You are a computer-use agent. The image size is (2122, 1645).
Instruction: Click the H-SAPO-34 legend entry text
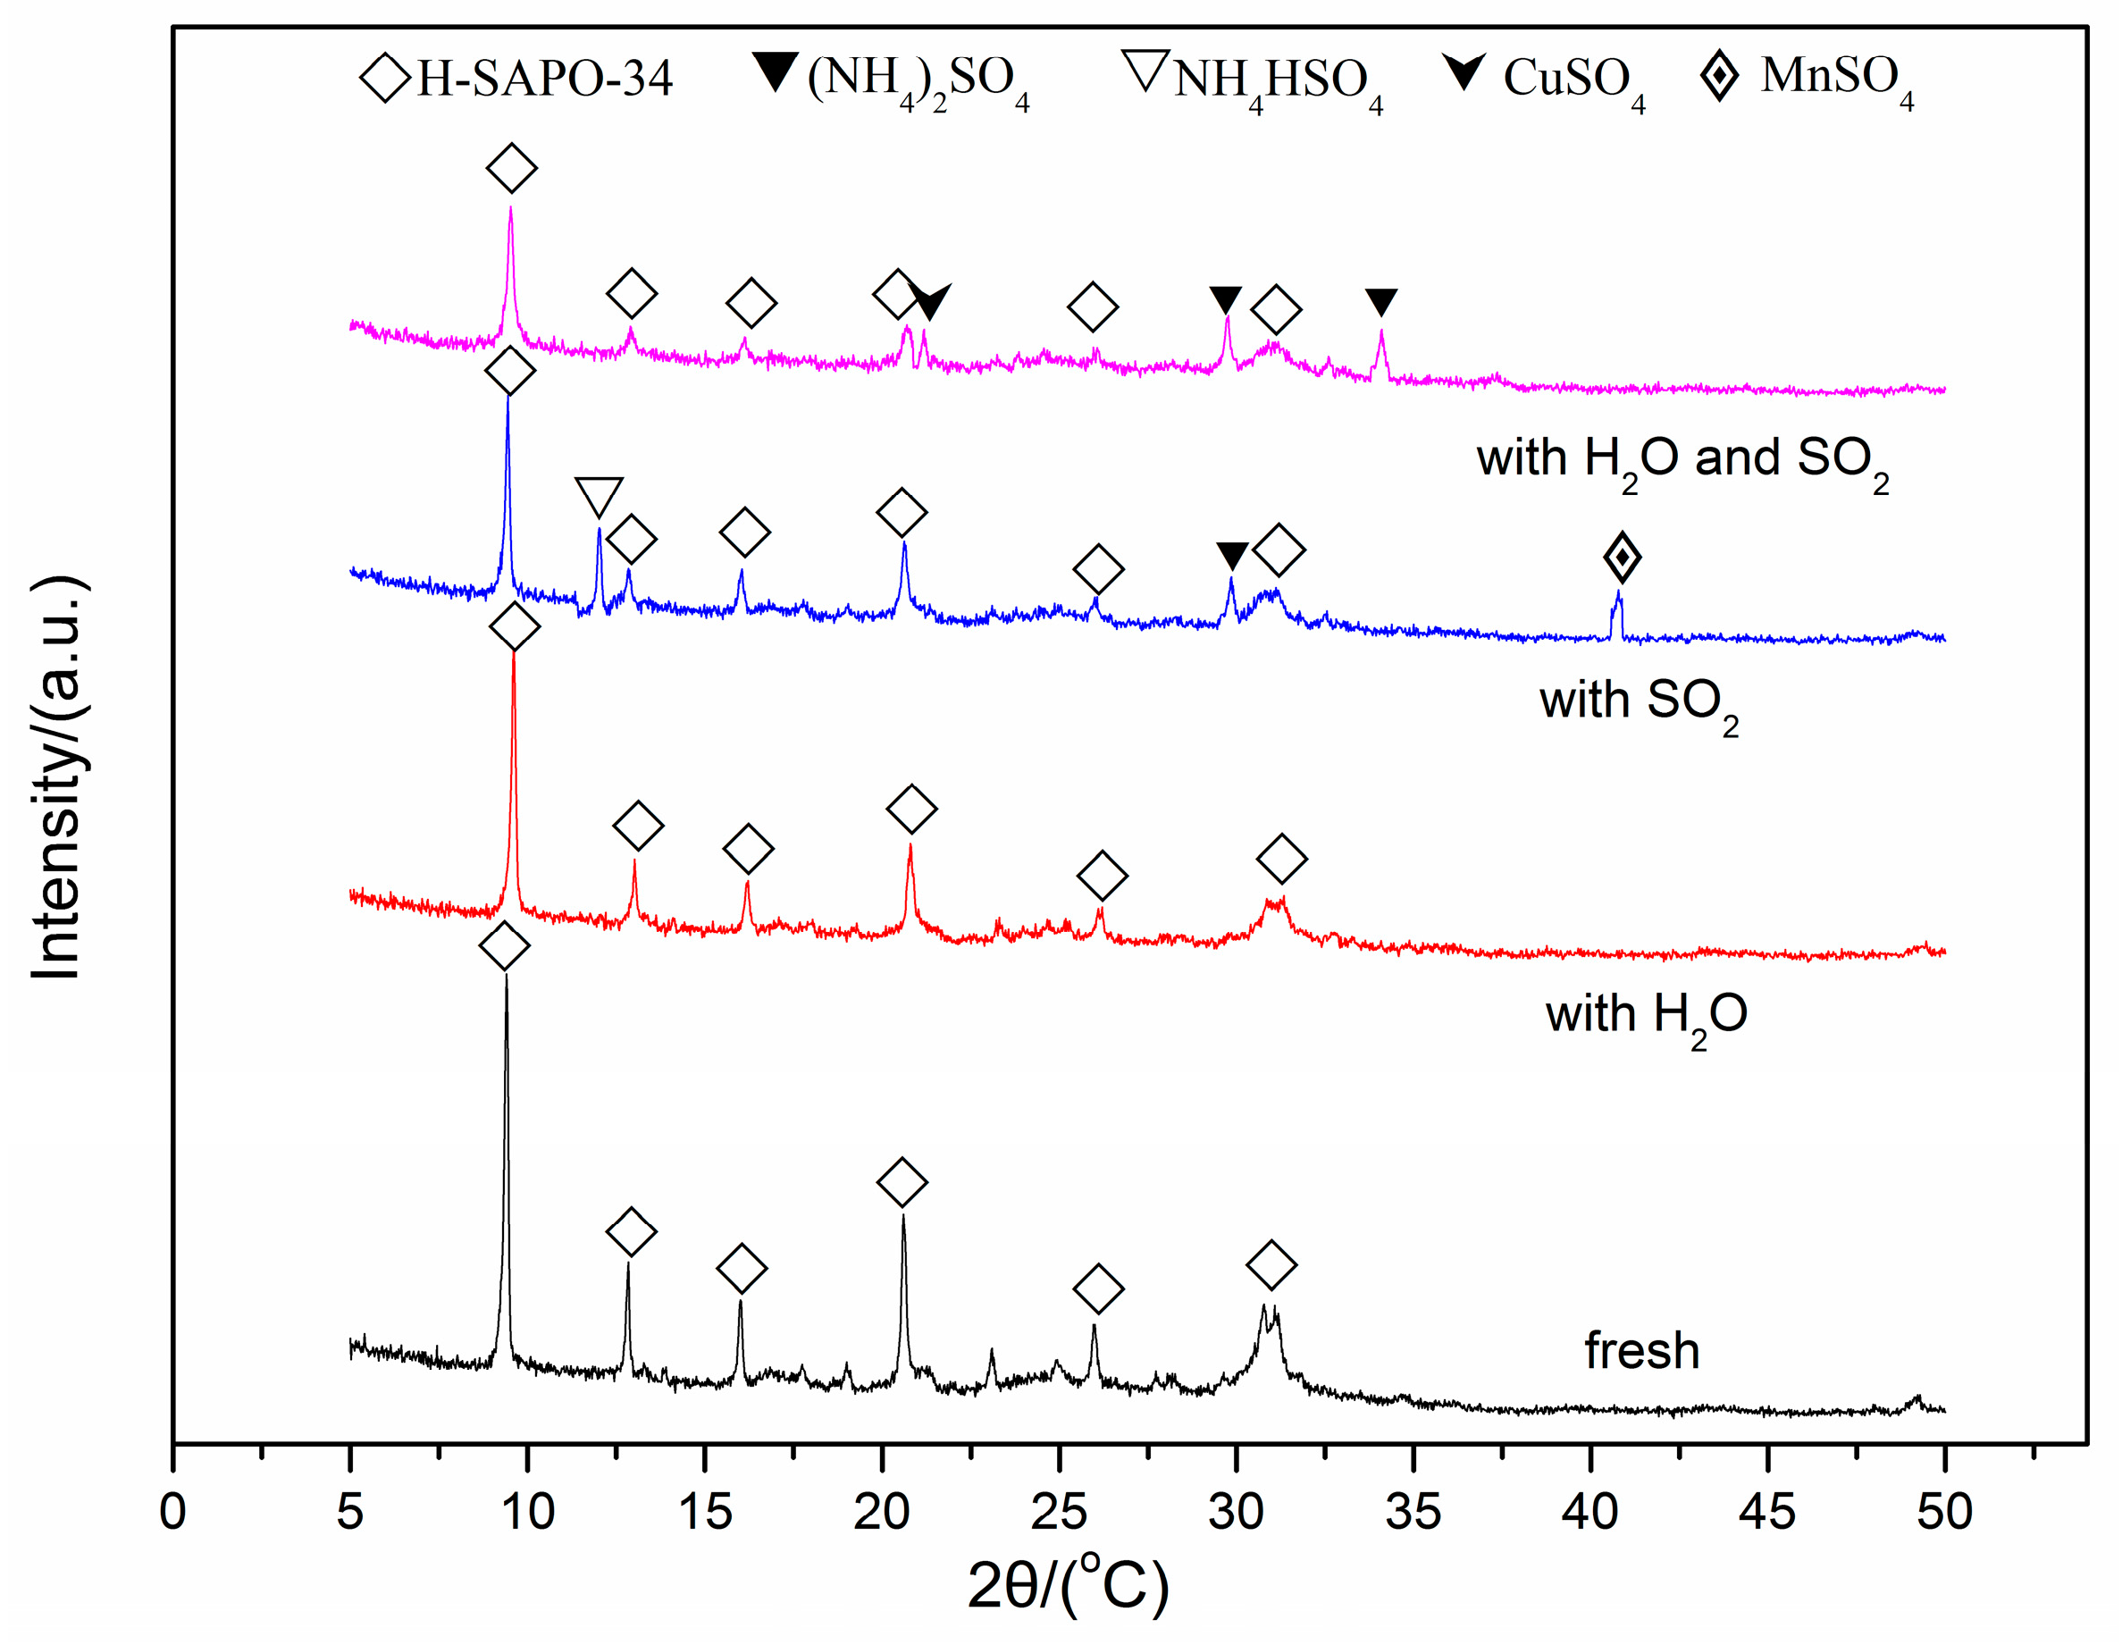pyautogui.click(x=544, y=78)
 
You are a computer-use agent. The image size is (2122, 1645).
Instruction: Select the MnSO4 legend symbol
pyautogui.click(x=1719, y=76)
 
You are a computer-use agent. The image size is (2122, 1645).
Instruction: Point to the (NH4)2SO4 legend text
pyautogui.click(x=918, y=80)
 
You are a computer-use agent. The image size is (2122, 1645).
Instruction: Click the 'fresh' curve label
pyautogui.click(x=1641, y=1351)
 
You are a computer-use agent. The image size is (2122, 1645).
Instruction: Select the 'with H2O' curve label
pyautogui.click(x=1646, y=1015)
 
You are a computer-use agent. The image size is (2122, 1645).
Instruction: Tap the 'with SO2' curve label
pyautogui.click(x=1638, y=701)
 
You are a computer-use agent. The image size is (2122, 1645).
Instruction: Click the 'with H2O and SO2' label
pyautogui.click(x=1682, y=458)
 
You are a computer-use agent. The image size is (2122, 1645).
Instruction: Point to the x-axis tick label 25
pyautogui.click(x=1058, y=1513)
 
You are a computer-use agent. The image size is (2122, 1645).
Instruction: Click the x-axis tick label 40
pyautogui.click(x=1589, y=1513)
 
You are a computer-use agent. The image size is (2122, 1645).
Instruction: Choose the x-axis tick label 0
pyautogui.click(x=173, y=1513)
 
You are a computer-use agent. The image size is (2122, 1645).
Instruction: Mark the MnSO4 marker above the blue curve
pyautogui.click(x=1622, y=558)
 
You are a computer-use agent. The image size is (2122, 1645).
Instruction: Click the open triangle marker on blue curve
pyautogui.click(x=599, y=496)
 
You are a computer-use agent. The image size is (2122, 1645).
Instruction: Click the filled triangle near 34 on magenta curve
pyautogui.click(x=1380, y=301)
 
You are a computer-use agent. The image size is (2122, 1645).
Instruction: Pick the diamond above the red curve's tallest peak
pyautogui.click(x=515, y=626)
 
